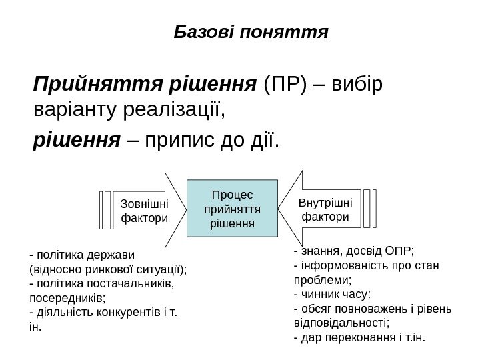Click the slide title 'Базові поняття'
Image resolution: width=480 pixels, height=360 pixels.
coord(251,31)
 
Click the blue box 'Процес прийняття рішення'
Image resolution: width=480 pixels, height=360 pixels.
coord(232,209)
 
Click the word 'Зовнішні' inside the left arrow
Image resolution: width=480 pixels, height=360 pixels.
coord(143,202)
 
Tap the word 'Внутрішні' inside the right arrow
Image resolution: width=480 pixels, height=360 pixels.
coord(326,202)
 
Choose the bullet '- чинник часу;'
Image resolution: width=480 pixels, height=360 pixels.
coord(332,294)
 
